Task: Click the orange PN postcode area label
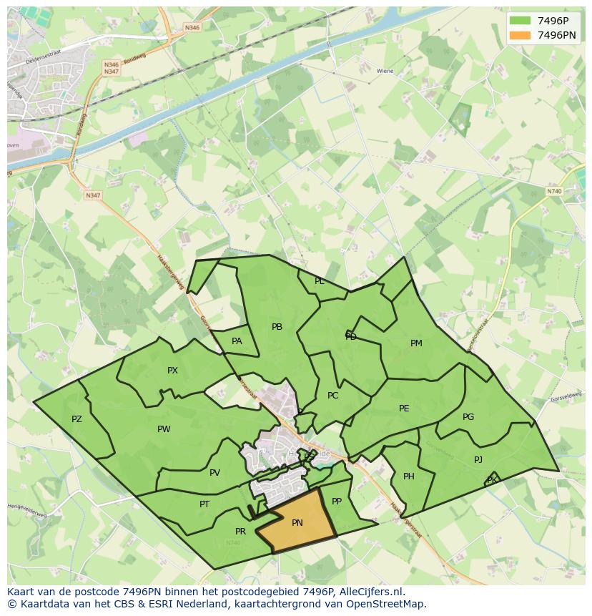click(297, 523)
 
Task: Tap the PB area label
click(277, 327)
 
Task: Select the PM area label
click(416, 343)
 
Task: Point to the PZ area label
click(77, 419)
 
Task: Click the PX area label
click(172, 371)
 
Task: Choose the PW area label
click(164, 429)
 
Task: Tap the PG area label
click(468, 417)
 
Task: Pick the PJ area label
click(478, 460)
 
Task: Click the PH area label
click(409, 476)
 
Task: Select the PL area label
click(320, 281)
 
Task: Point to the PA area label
click(237, 341)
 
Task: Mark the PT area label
click(204, 504)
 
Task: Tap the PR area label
click(240, 532)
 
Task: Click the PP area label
click(337, 502)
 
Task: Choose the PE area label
click(404, 409)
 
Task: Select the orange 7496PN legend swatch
click(520, 35)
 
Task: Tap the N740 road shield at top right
click(554, 191)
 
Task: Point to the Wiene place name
click(385, 72)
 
